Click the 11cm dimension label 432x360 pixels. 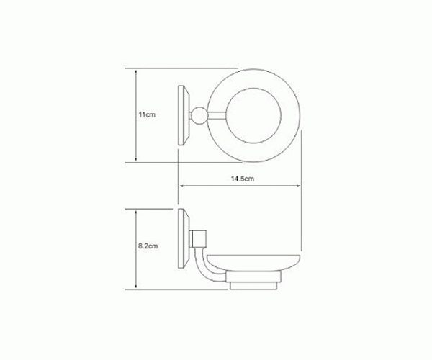click(147, 114)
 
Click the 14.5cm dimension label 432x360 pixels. click(243, 179)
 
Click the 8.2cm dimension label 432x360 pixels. click(148, 246)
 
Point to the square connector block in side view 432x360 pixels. click(199, 238)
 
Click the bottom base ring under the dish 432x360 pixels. click(253, 286)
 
